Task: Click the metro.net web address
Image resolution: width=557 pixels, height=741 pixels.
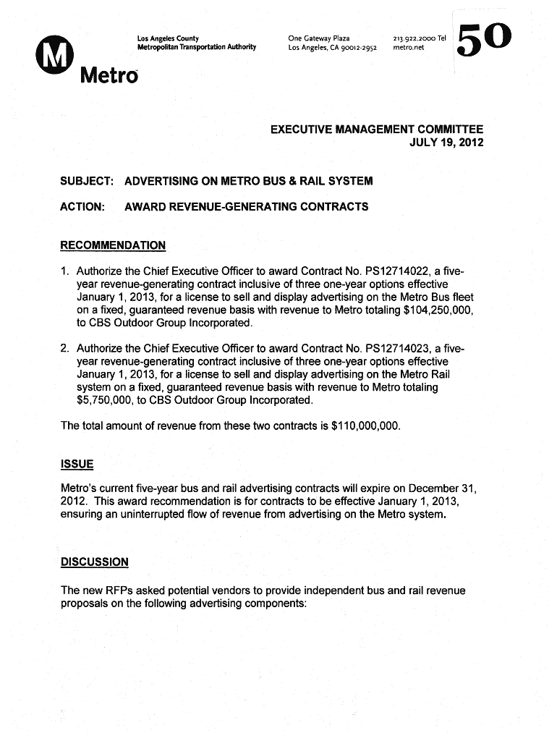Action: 409,48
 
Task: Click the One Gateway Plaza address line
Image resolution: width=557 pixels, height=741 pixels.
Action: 319,38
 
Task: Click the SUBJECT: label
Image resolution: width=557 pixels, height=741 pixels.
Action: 87,180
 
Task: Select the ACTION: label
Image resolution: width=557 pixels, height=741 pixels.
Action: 83,207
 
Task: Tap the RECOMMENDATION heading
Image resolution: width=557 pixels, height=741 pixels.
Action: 113,245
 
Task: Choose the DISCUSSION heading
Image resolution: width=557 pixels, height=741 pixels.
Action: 95,562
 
